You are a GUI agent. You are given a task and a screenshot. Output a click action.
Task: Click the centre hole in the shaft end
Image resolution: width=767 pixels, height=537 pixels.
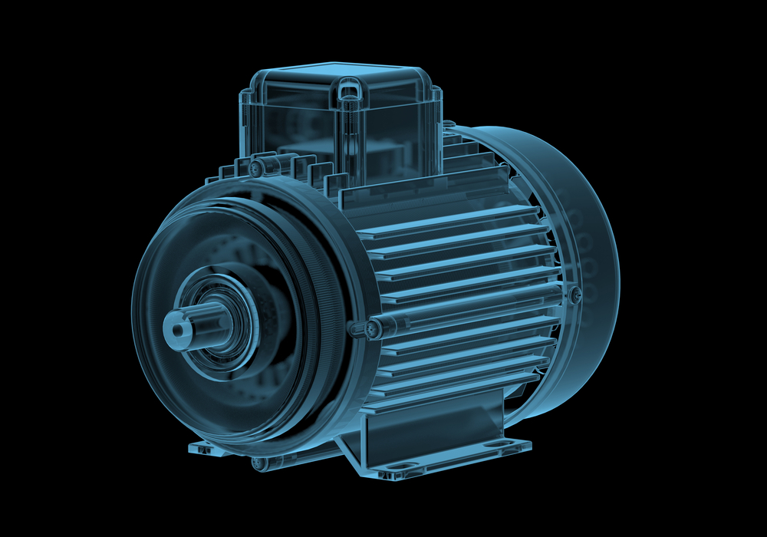(x=179, y=330)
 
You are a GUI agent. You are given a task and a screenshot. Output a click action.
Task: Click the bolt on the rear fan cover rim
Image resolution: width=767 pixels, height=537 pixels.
(x=575, y=292)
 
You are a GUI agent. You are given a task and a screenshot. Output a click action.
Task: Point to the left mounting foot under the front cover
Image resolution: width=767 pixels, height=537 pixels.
(x=201, y=445)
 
